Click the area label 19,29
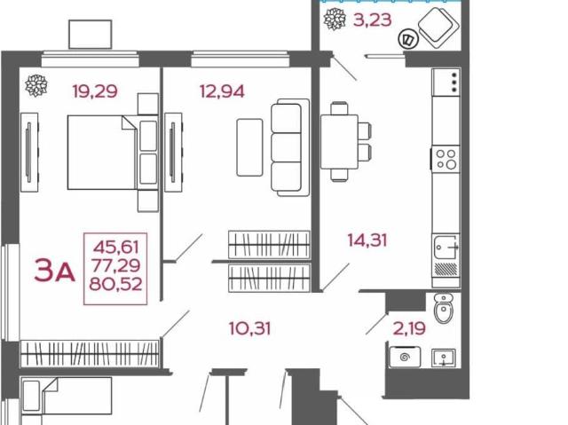(95, 91)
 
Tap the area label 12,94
(222, 91)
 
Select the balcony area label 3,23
(373, 20)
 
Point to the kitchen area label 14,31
(367, 240)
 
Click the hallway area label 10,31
(249, 328)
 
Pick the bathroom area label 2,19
(409, 328)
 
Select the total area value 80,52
(115, 284)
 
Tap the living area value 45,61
(116, 248)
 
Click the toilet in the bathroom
(444, 308)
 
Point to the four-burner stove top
(446, 159)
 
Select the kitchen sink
(446, 247)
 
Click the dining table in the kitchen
(339, 142)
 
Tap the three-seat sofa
(290, 147)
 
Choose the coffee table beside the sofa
(249, 147)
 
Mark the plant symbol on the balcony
(335, 19)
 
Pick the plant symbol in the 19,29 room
(36, 86)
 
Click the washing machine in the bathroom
(405, 357)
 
